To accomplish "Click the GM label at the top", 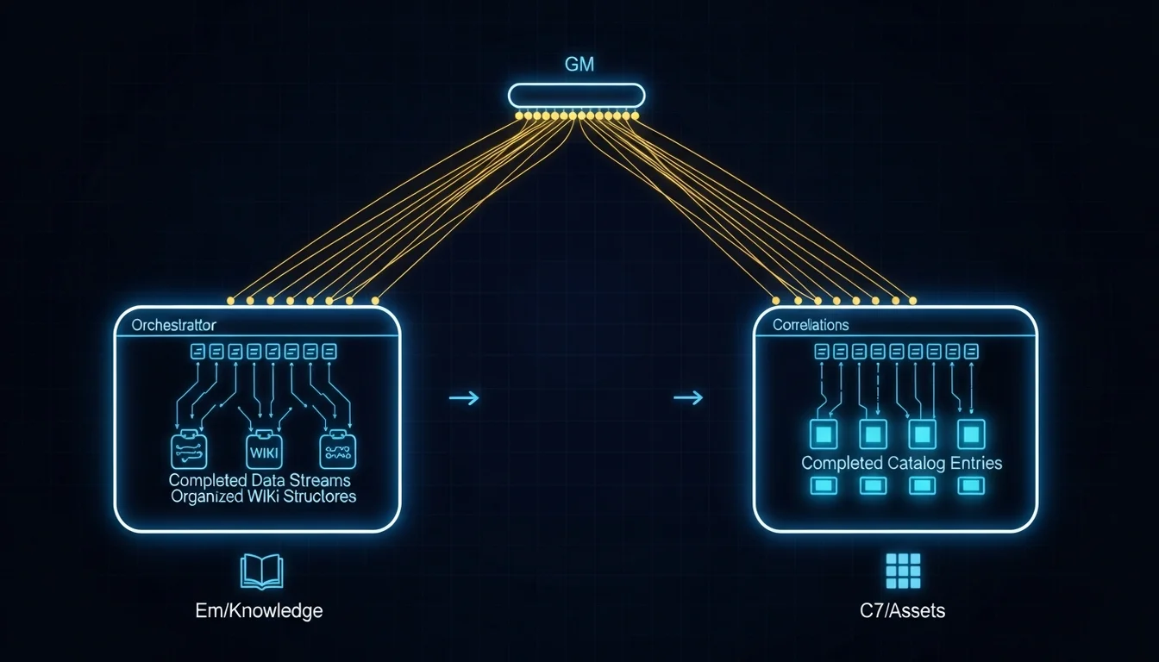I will (x=579, y=65).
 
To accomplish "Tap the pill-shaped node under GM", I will (x=576, y=95).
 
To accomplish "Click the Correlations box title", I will (x=811, y=326).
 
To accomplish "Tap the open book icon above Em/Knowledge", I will (x=260, y=572).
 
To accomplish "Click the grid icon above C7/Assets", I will (x=903, y=571).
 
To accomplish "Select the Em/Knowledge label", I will (x=259, y=611).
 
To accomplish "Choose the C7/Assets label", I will (x=903, y=611).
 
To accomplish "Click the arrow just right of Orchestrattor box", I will (x=463, y=397).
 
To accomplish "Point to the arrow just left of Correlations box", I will (x=687, y=397).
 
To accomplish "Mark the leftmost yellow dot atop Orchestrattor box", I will (x=230, y=300).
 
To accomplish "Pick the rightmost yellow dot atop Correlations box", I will (x=912, y=300).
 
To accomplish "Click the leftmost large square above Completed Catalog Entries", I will (x=822, y=433).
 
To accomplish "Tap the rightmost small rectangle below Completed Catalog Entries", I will (x=971, y=486).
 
